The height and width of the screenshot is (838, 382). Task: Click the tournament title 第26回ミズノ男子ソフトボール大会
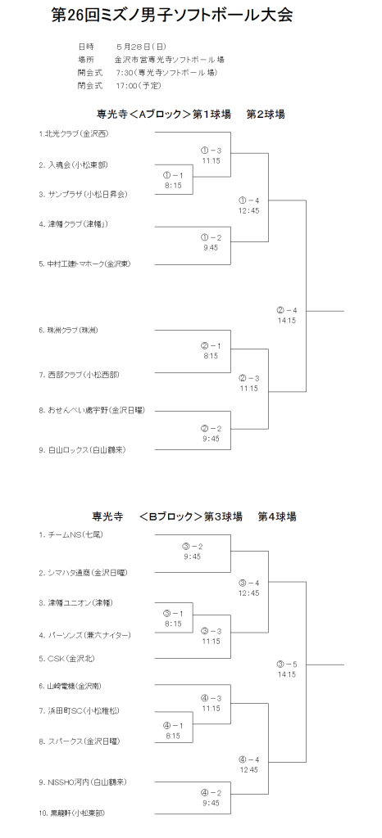[x=171, y=15]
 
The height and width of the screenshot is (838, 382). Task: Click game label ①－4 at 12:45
[x=248, y=205]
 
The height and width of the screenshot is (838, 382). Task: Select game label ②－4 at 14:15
[x=287, y=316]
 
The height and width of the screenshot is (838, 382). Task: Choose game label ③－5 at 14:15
[x=287, y=669]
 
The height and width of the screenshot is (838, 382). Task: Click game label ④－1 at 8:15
[x=173, y=730]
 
